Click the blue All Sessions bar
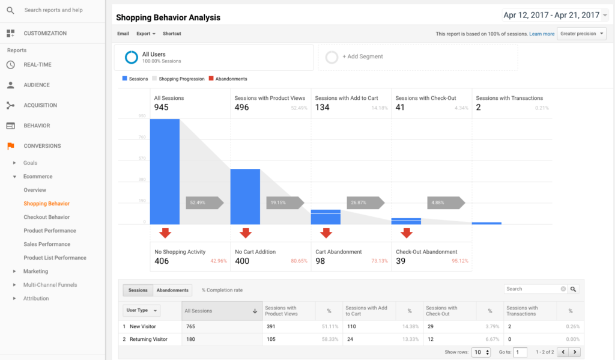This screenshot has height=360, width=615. [165, 171]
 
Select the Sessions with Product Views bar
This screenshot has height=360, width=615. [245, 197]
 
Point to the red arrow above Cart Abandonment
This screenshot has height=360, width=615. [326, 233]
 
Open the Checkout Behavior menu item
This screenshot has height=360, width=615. [47, 217]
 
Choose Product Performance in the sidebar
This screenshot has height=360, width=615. [50, 231]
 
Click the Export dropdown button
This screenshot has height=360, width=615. [146, 34]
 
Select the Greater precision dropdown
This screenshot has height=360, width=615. [581, 34]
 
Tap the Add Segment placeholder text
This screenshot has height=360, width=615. [363, 56]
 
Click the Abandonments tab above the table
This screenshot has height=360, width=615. [172, 290]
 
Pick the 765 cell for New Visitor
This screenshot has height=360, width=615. [191, 326]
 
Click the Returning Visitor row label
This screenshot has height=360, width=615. [148, 339]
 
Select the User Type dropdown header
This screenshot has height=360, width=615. [142, 311]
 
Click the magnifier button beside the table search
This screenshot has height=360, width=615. [574, 289]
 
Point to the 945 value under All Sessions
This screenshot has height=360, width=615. [161, 108]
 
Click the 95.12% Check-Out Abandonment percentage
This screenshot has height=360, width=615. [460, 261]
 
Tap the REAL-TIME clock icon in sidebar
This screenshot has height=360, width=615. [10, 65]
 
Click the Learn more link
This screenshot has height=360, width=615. [542, 34]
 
